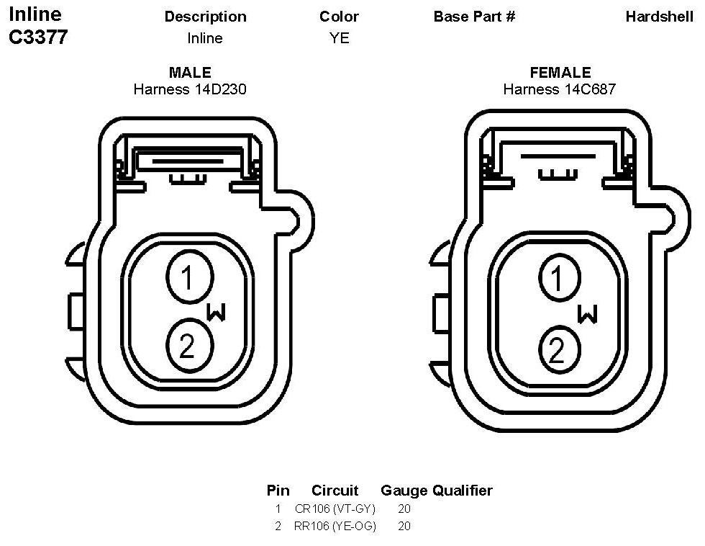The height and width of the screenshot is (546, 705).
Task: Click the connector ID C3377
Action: click(x=38, y=37)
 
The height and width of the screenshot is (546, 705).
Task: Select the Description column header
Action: click(x=206, y=17)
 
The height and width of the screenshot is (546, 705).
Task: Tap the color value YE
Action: click(x=339, y=37)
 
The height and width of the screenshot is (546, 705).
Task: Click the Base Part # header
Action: click(x=474, y=17)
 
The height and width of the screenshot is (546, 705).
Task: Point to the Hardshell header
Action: click(x=659, y=17)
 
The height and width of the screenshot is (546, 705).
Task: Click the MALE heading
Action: click(x=190, y=73)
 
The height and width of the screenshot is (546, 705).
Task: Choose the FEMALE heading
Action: click(x=560, y=73)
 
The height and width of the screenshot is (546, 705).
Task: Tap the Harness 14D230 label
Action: click(x=190, y=89)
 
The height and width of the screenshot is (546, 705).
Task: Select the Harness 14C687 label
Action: click(x=560, y=89)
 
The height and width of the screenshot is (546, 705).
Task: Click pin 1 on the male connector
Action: click(x=190, y=277)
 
